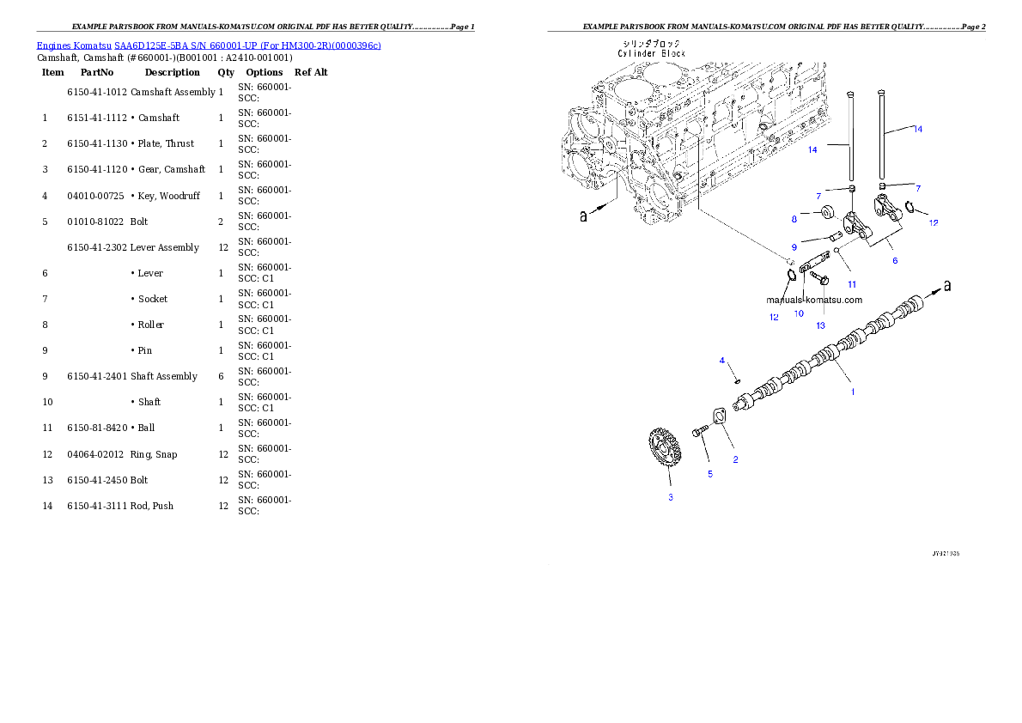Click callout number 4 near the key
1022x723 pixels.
coord(722,361)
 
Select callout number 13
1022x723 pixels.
coord(820,325)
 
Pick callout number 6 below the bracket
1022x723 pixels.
coord(895,260)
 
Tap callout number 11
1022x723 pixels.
coord(852,283)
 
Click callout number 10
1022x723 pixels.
coord(799,313)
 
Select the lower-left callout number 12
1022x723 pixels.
coord(774,317)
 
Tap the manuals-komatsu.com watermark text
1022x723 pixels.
coord(813,300)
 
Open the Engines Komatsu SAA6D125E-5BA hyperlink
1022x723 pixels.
coord(209,45)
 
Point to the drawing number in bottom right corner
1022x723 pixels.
coord(946,554)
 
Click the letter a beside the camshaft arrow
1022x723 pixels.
coord(947,286)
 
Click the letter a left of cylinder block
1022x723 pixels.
coord(584,216)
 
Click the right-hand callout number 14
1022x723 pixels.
coord(917,129)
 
